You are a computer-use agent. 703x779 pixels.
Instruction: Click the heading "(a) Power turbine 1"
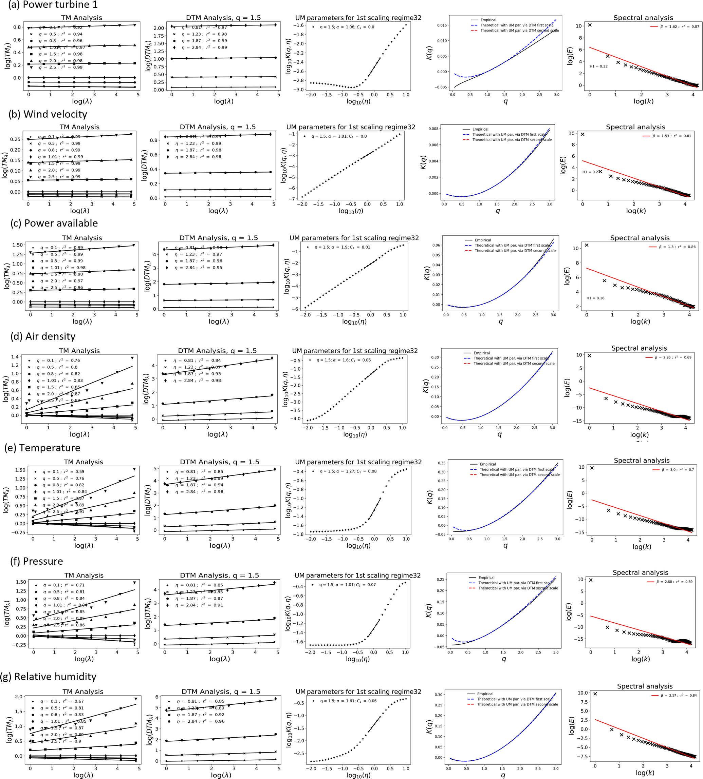[x=53, y=5]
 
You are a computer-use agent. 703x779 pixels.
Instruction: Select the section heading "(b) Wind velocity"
[x=48, y=114]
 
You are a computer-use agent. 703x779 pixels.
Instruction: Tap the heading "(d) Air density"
[x=43, y=336]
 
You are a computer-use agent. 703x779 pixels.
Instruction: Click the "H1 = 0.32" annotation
[x=598, y=66]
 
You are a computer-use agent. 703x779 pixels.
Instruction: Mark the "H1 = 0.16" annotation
[x=595, y=298]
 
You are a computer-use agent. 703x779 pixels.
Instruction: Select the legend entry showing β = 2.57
[x=678, y=695]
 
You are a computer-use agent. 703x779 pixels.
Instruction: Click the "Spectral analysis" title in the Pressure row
[x=640, y=572]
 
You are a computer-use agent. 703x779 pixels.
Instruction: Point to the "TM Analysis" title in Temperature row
[x=84, y=462]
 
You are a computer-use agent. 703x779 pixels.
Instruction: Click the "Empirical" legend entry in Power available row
[x=482, y=240]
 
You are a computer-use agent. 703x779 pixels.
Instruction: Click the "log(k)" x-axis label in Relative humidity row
[x=645, y=773]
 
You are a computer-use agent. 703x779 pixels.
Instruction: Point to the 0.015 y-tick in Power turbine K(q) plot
[x=442, y=25]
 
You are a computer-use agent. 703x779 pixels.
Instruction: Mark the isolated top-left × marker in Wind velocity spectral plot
[x=582, y=134]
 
